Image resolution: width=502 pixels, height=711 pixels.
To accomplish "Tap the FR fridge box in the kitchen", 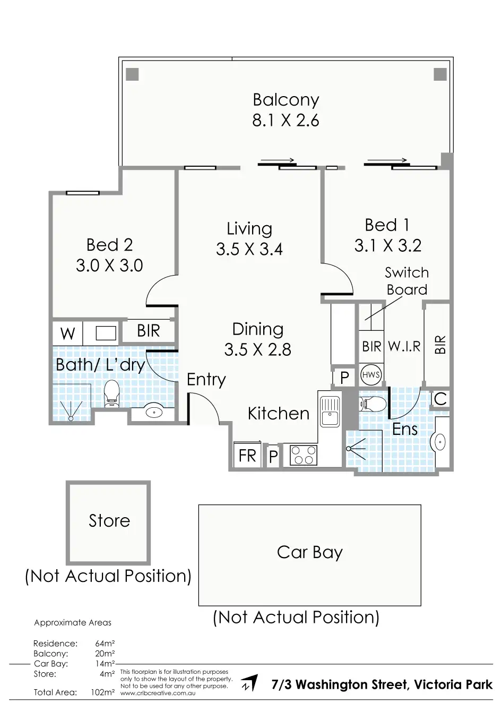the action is pos(247,454).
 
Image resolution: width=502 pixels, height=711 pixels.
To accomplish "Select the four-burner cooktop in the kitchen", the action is pos(304,455).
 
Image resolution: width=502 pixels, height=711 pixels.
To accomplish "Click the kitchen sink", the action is pos(330,412).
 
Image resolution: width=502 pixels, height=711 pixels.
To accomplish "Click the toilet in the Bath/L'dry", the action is pos(111,393).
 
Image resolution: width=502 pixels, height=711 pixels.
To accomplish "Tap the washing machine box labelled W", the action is pos(67,333).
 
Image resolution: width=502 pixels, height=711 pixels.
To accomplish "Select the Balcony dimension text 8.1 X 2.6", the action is pos(285,121).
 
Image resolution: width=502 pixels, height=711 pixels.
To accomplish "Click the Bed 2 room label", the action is pos(109,245).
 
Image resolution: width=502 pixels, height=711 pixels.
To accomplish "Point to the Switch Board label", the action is pos(407,281).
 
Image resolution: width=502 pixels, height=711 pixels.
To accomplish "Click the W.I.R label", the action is pos(404,346).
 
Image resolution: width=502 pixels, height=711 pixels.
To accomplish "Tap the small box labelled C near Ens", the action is pos(440,399).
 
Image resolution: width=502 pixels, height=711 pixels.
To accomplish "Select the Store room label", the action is pos(109,521).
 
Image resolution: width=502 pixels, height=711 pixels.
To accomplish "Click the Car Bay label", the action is pos(310,553).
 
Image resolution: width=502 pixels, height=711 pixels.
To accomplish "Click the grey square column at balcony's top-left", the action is pos(132,74).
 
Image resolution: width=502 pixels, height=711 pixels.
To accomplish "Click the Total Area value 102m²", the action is pos(102,692).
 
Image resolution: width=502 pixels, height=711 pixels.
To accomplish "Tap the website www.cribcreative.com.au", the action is pos(158,693).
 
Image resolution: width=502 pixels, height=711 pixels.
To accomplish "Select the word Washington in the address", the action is pos(351,684).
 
